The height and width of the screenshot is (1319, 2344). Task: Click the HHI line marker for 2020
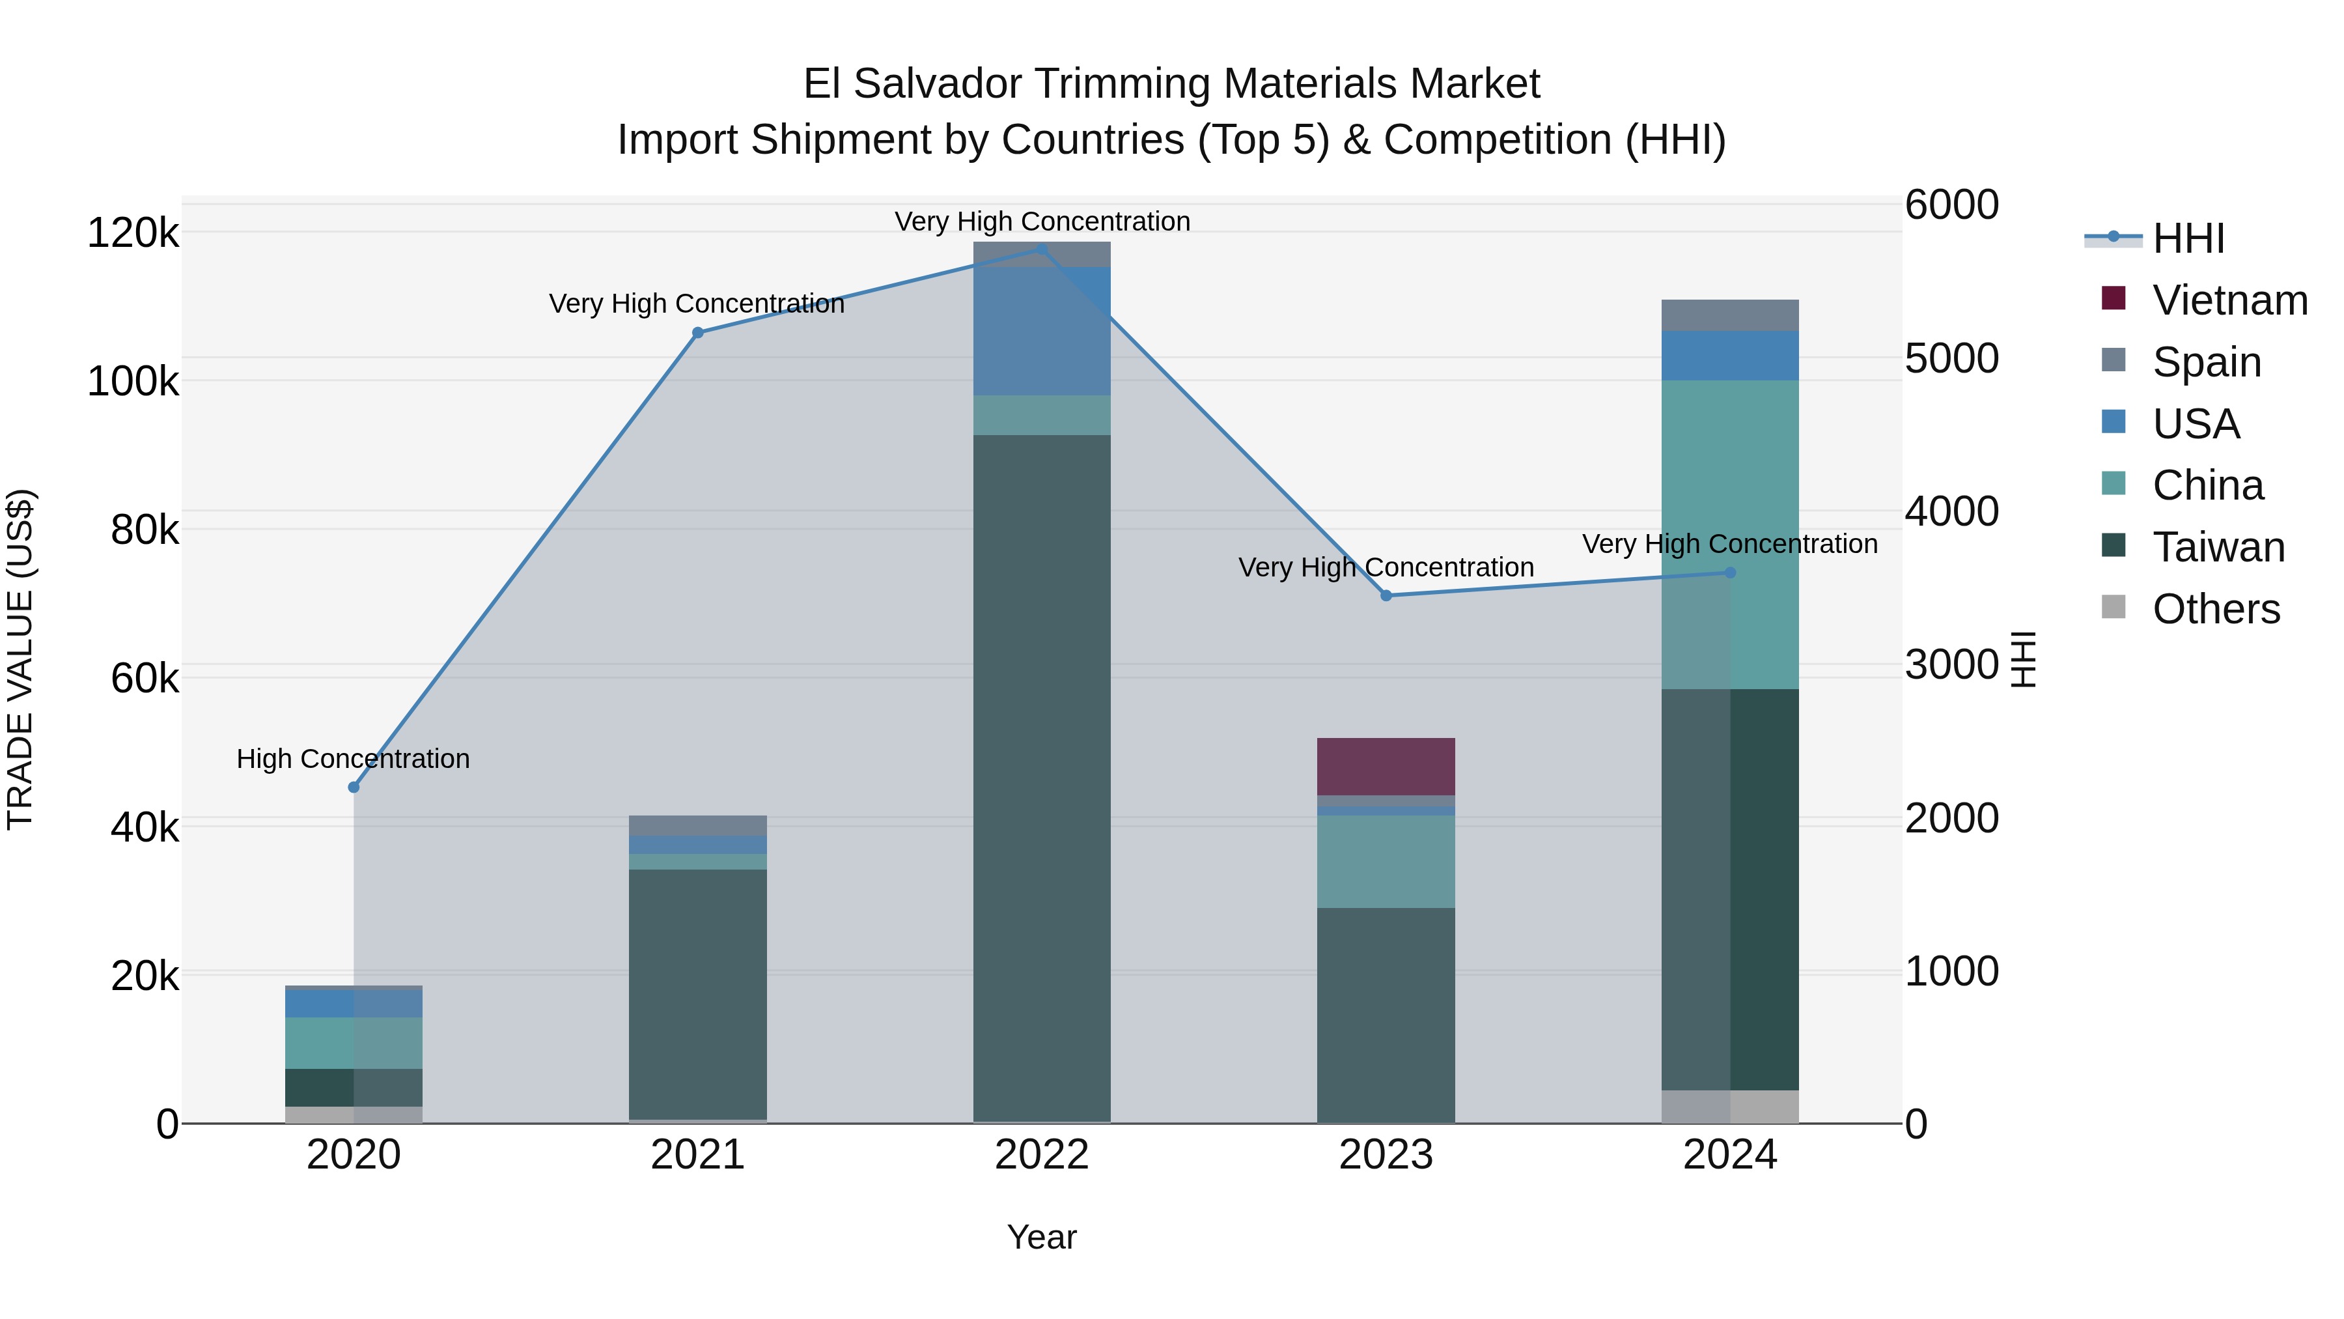click(x=354, y=787)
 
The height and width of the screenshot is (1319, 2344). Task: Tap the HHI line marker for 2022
click(x=1042, y=249)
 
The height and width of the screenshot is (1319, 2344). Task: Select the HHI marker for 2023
click(x=1386, y=596)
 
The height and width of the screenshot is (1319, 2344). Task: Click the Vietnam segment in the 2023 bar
click(x=1386, y=767)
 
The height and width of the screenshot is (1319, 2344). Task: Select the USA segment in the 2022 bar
click(x=1042, y=332)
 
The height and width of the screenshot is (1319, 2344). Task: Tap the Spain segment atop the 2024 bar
click(x=1730, y=315)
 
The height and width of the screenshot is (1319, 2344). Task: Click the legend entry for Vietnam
click(x=2229, y=300)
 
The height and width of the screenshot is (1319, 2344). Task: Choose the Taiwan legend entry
click(x=2218, y=547)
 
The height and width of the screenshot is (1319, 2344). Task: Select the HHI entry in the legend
click(x=2188, y=238)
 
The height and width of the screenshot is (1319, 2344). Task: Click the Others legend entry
click(x=2216, y=609)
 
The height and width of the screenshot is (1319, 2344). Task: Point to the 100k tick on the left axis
click(x=133, y=382)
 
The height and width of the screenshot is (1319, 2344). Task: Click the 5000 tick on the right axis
click(x=1952, y=359)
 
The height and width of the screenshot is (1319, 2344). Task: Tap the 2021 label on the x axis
click(x=698, y=1155)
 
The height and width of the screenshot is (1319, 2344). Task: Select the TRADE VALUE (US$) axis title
click(x=20, y=659)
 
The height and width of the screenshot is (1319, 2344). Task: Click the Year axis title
click(x=1041, y=1237)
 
